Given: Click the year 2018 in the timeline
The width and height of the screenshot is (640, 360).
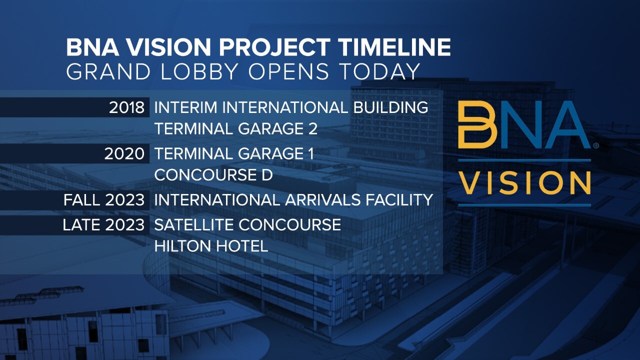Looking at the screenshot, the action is point(126,107).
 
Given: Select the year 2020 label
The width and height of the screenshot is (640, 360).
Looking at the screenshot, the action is point(124,153).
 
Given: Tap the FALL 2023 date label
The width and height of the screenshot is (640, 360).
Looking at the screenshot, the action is point(103,199).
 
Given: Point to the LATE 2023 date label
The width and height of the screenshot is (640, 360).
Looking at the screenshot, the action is point(103,225).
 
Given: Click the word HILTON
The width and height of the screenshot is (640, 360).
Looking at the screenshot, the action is point(183,246).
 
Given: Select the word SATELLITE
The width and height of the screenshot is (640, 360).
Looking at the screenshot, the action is point(194,225).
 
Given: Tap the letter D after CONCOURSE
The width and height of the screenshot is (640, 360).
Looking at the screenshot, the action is point(267,175).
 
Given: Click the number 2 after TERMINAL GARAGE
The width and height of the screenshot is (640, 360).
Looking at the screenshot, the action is point(312,128).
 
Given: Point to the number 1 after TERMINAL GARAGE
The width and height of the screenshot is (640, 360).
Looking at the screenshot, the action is point(311,153).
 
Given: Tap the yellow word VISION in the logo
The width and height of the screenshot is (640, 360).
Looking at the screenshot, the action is point(525,183).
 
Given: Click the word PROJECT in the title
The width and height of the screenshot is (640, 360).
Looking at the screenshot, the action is point(274,47).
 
